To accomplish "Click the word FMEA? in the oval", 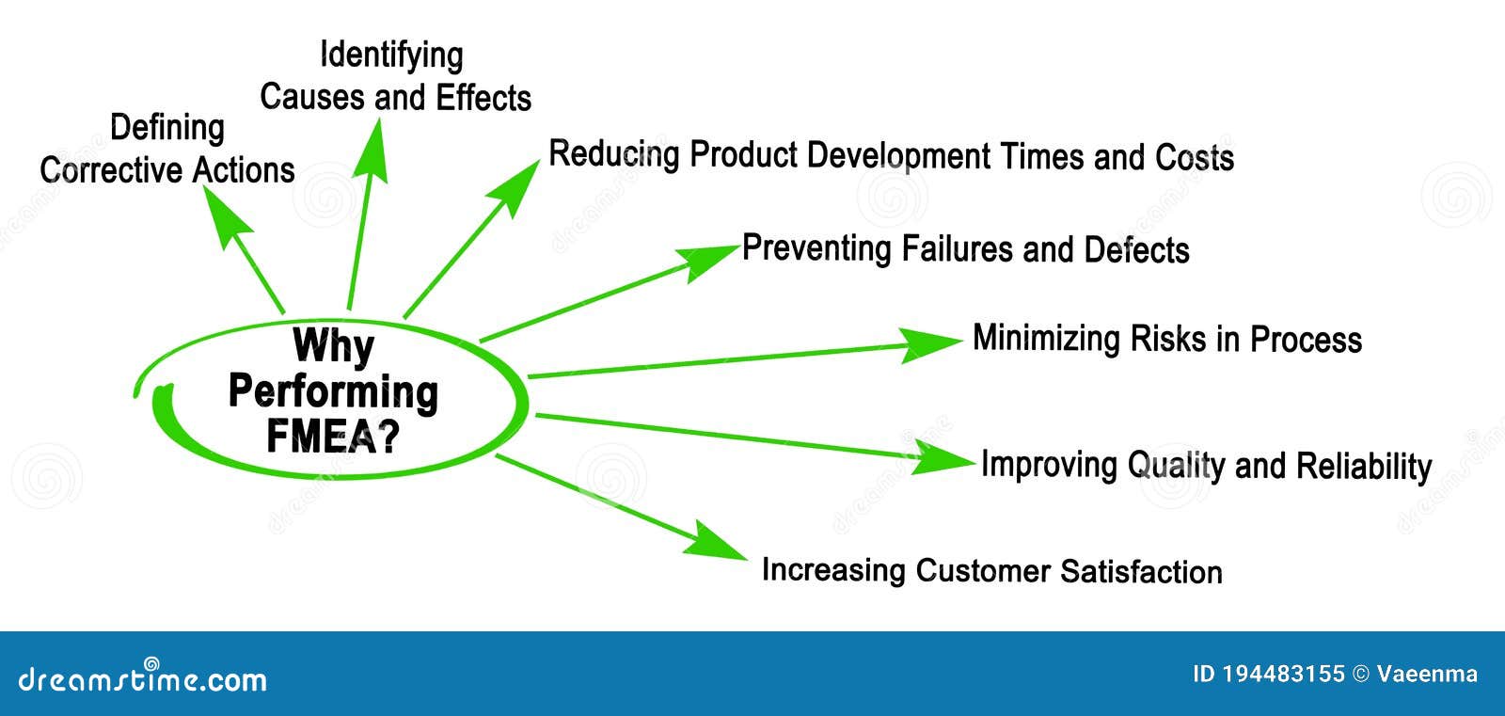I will (x=333, y=437).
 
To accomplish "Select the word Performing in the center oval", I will (x=333, y=391).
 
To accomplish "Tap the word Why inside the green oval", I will (x=333, y=346).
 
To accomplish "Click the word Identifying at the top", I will (x=391, y=56).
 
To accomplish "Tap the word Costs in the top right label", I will (x=1195, y=157).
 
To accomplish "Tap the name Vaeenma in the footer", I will (x=1427, y=674).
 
